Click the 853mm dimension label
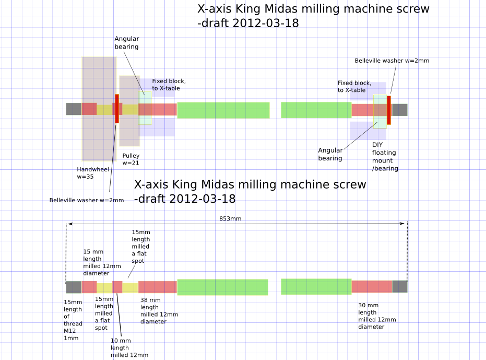(230, 218)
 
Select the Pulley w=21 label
(131, 159)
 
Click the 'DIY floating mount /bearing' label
(385, 156)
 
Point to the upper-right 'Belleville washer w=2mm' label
(392, 61)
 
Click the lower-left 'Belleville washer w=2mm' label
(87, 200)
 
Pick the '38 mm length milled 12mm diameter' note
(159, 311)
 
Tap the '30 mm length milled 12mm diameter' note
(376, 316)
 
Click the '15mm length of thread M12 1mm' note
(73, 320)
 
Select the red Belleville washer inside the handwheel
(117, 109)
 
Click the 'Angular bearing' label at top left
(126, 43)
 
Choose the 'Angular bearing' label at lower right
(330, 154)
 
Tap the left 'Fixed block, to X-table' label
(169, 85)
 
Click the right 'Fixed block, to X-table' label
(354, 86)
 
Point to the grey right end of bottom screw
(399, 286)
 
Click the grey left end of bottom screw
(74, 287)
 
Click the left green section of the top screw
(223, 110)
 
